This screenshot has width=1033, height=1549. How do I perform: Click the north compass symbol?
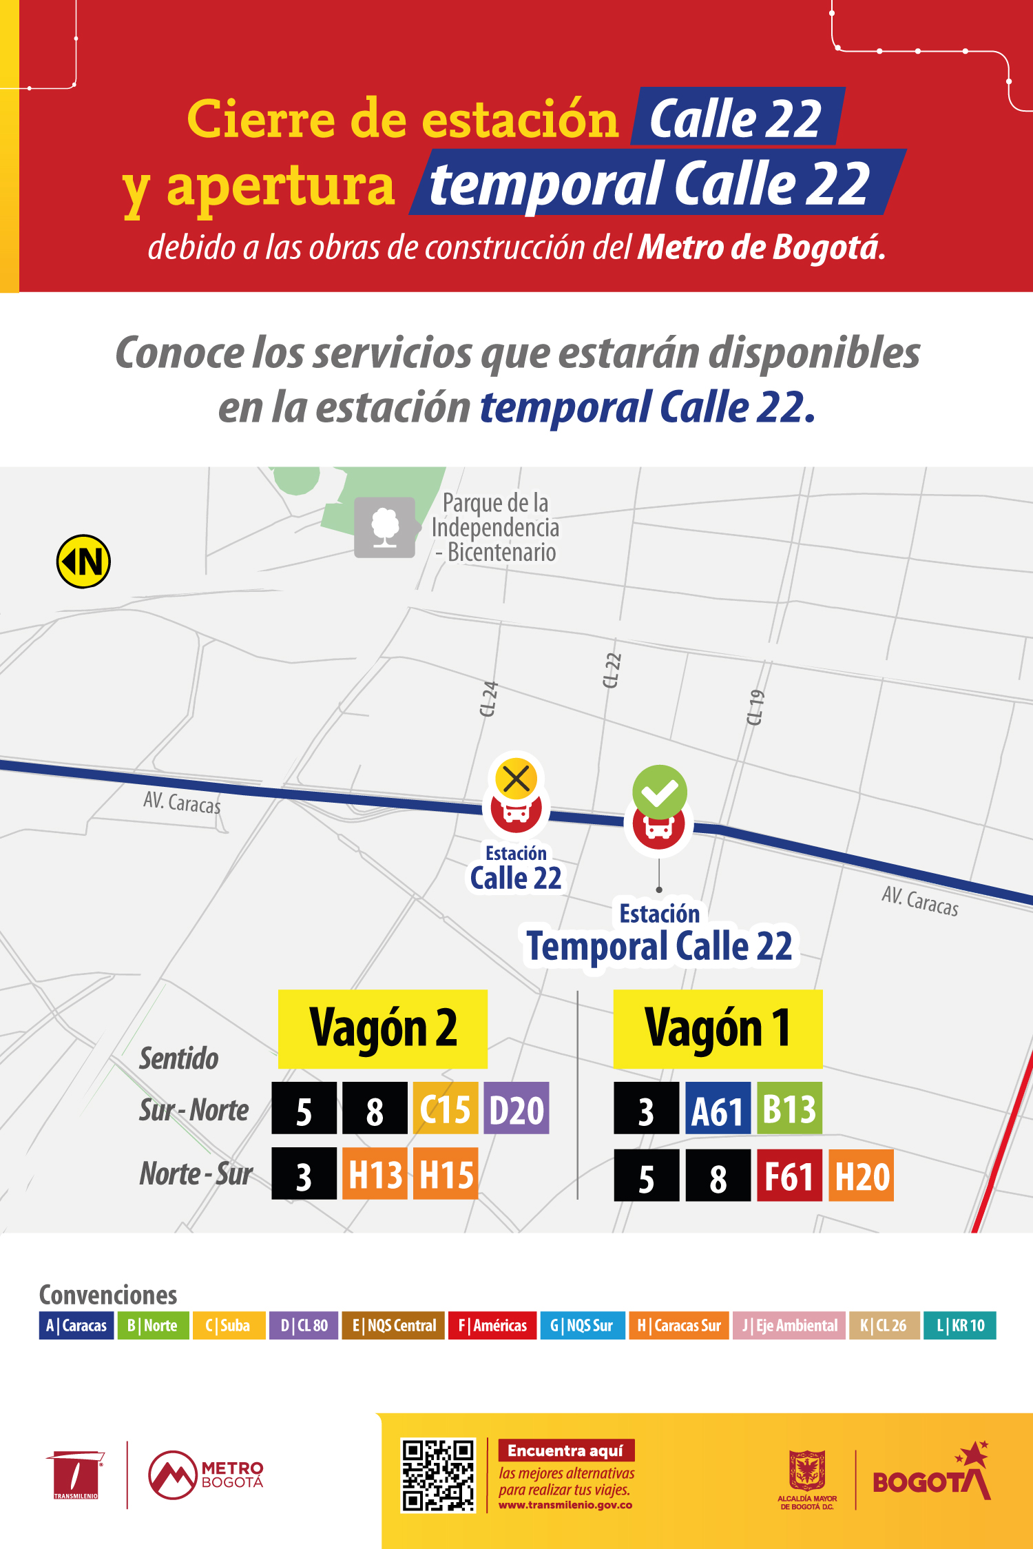pyautogui.click(x=83, y=562)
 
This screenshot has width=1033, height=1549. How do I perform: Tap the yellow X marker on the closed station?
pyautogui.click(x=516, y=779)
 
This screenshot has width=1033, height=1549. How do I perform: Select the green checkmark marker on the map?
pyautogui.click(x=660, y=792)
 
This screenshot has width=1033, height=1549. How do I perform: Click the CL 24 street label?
pyautogui.click(x=488, y=699)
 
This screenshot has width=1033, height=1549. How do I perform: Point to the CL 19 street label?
pyautogui.click(x=755, y=707)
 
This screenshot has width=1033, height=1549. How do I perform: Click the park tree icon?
pyautogui.click(x=385, y=527)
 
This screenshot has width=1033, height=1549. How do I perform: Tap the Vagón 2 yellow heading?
pyautogui.click(x=383, y=1029)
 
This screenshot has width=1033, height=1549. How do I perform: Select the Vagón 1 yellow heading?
pyautogui.click(x=718, y=1029)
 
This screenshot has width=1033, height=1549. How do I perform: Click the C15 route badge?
pyautogui.click(x=445, y=1109)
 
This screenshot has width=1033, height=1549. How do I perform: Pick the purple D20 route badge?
pyautogui.click(x=516, y=1109)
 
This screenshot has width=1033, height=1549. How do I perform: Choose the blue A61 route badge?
pyautogui.click(x=717, y=1109)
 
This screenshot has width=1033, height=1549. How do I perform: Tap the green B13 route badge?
pyautogui.click(x=789, y=1109)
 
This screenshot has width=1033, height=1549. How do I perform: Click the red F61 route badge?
pyautogui.click(x=789, y=1176)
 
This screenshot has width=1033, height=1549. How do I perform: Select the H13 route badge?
pyautogui.click(x=375, y=1174)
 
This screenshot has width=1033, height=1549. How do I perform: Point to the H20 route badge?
pyautogui.click(x=861, y=1176)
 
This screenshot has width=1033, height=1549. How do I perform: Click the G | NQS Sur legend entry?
pyautogui.click(x=582, y=1326)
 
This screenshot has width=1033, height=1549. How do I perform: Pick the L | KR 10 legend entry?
pyautogui.click(x=960, y=1326)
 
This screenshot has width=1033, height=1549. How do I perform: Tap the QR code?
pyautogui.click(x=438, y=1475)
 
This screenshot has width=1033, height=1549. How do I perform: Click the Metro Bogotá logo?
pyautogui.click(x=205, y=1475)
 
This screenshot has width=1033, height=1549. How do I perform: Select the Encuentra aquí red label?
pyautogui.click(x=565, y=1450)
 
